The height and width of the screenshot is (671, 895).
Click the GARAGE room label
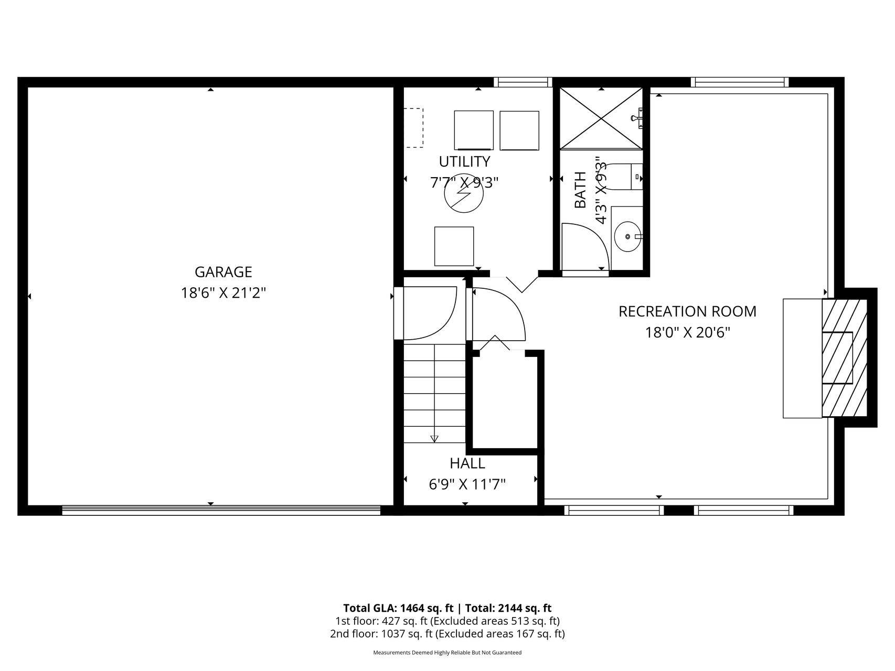tap(223, 272)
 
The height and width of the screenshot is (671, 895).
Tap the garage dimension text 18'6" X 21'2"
tap(223, 293)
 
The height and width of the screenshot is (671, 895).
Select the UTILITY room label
tap(464, 161)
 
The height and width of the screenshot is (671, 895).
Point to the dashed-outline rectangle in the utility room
tap(413, 127)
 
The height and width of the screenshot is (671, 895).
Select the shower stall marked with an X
tap(601, 118)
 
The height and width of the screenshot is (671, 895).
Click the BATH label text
tap(580, 190)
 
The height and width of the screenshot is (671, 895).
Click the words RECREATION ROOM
tap(687, 311)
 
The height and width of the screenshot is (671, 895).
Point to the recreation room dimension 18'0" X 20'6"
tap(687, 332)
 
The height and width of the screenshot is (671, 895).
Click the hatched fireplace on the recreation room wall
tap(844, 358)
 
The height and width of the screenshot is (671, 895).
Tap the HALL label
tap(467, 463)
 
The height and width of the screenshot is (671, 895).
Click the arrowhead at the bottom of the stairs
tap(434, 439)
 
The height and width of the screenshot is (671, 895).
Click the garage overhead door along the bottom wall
tap(221, 510)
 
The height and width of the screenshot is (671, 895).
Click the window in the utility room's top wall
tap(523, 82)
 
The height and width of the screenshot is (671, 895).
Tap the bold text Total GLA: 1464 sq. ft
tap(398, 608)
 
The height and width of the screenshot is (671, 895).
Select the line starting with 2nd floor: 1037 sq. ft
tap(447, 634)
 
